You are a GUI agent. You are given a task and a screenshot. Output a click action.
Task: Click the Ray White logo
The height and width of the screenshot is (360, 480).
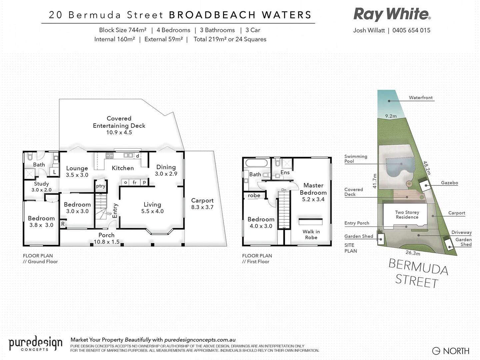[392, 14]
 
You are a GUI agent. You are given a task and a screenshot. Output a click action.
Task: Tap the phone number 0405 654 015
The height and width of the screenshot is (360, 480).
[411, 30]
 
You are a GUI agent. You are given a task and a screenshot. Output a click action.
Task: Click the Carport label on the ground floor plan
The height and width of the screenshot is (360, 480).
[202, 204]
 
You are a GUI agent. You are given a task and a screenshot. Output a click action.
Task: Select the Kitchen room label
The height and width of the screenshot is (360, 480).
[123, 168]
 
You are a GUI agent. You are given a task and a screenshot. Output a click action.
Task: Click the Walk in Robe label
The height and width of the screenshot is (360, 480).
[311, 234]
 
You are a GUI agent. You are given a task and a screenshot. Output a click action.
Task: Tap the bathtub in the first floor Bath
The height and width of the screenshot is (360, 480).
[256, 163]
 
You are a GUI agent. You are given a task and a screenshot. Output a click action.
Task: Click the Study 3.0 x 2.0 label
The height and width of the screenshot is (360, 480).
[41, 187]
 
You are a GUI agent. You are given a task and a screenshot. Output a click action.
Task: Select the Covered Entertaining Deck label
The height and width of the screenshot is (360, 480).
[119, 125]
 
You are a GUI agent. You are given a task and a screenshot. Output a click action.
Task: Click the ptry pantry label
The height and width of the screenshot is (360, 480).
[101, 186]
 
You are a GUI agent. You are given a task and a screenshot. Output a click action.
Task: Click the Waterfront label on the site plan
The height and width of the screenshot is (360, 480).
[421, 98]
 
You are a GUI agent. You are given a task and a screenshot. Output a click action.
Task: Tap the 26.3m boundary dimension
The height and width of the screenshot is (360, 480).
[413, 253]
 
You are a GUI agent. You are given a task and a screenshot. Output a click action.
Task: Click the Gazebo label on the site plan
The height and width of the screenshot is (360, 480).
[449, 183]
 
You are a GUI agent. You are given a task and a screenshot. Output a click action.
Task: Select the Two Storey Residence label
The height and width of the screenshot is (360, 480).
[407, 215]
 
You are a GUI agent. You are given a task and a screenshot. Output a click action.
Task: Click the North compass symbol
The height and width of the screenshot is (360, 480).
[436, 351]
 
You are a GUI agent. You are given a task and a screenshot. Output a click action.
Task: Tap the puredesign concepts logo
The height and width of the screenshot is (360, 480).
[35, 344]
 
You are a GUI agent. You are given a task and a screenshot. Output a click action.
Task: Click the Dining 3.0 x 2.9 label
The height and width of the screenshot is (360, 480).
[166, 170]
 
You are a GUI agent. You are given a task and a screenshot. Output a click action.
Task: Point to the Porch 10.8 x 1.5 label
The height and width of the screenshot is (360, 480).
[106, 238]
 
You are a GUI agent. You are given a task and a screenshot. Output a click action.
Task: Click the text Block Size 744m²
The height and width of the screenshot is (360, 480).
[123, 30]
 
